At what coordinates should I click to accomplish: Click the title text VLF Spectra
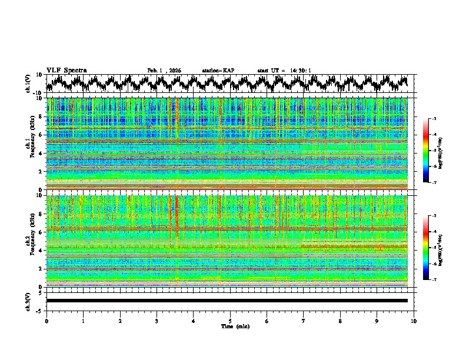click(x=66, y=70)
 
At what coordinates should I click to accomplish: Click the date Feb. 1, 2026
click(x=164, y=71)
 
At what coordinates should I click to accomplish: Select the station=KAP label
click(x=218, y=71)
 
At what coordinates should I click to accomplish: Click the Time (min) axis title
click(x=235, y=326)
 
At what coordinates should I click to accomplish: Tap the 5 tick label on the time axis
click(x=230, y=321)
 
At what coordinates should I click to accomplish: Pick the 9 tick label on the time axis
click(x=377, y=321)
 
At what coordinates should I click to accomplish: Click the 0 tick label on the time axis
click(x=46, y=321)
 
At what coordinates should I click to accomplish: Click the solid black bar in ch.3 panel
click(x=227, y=301)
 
